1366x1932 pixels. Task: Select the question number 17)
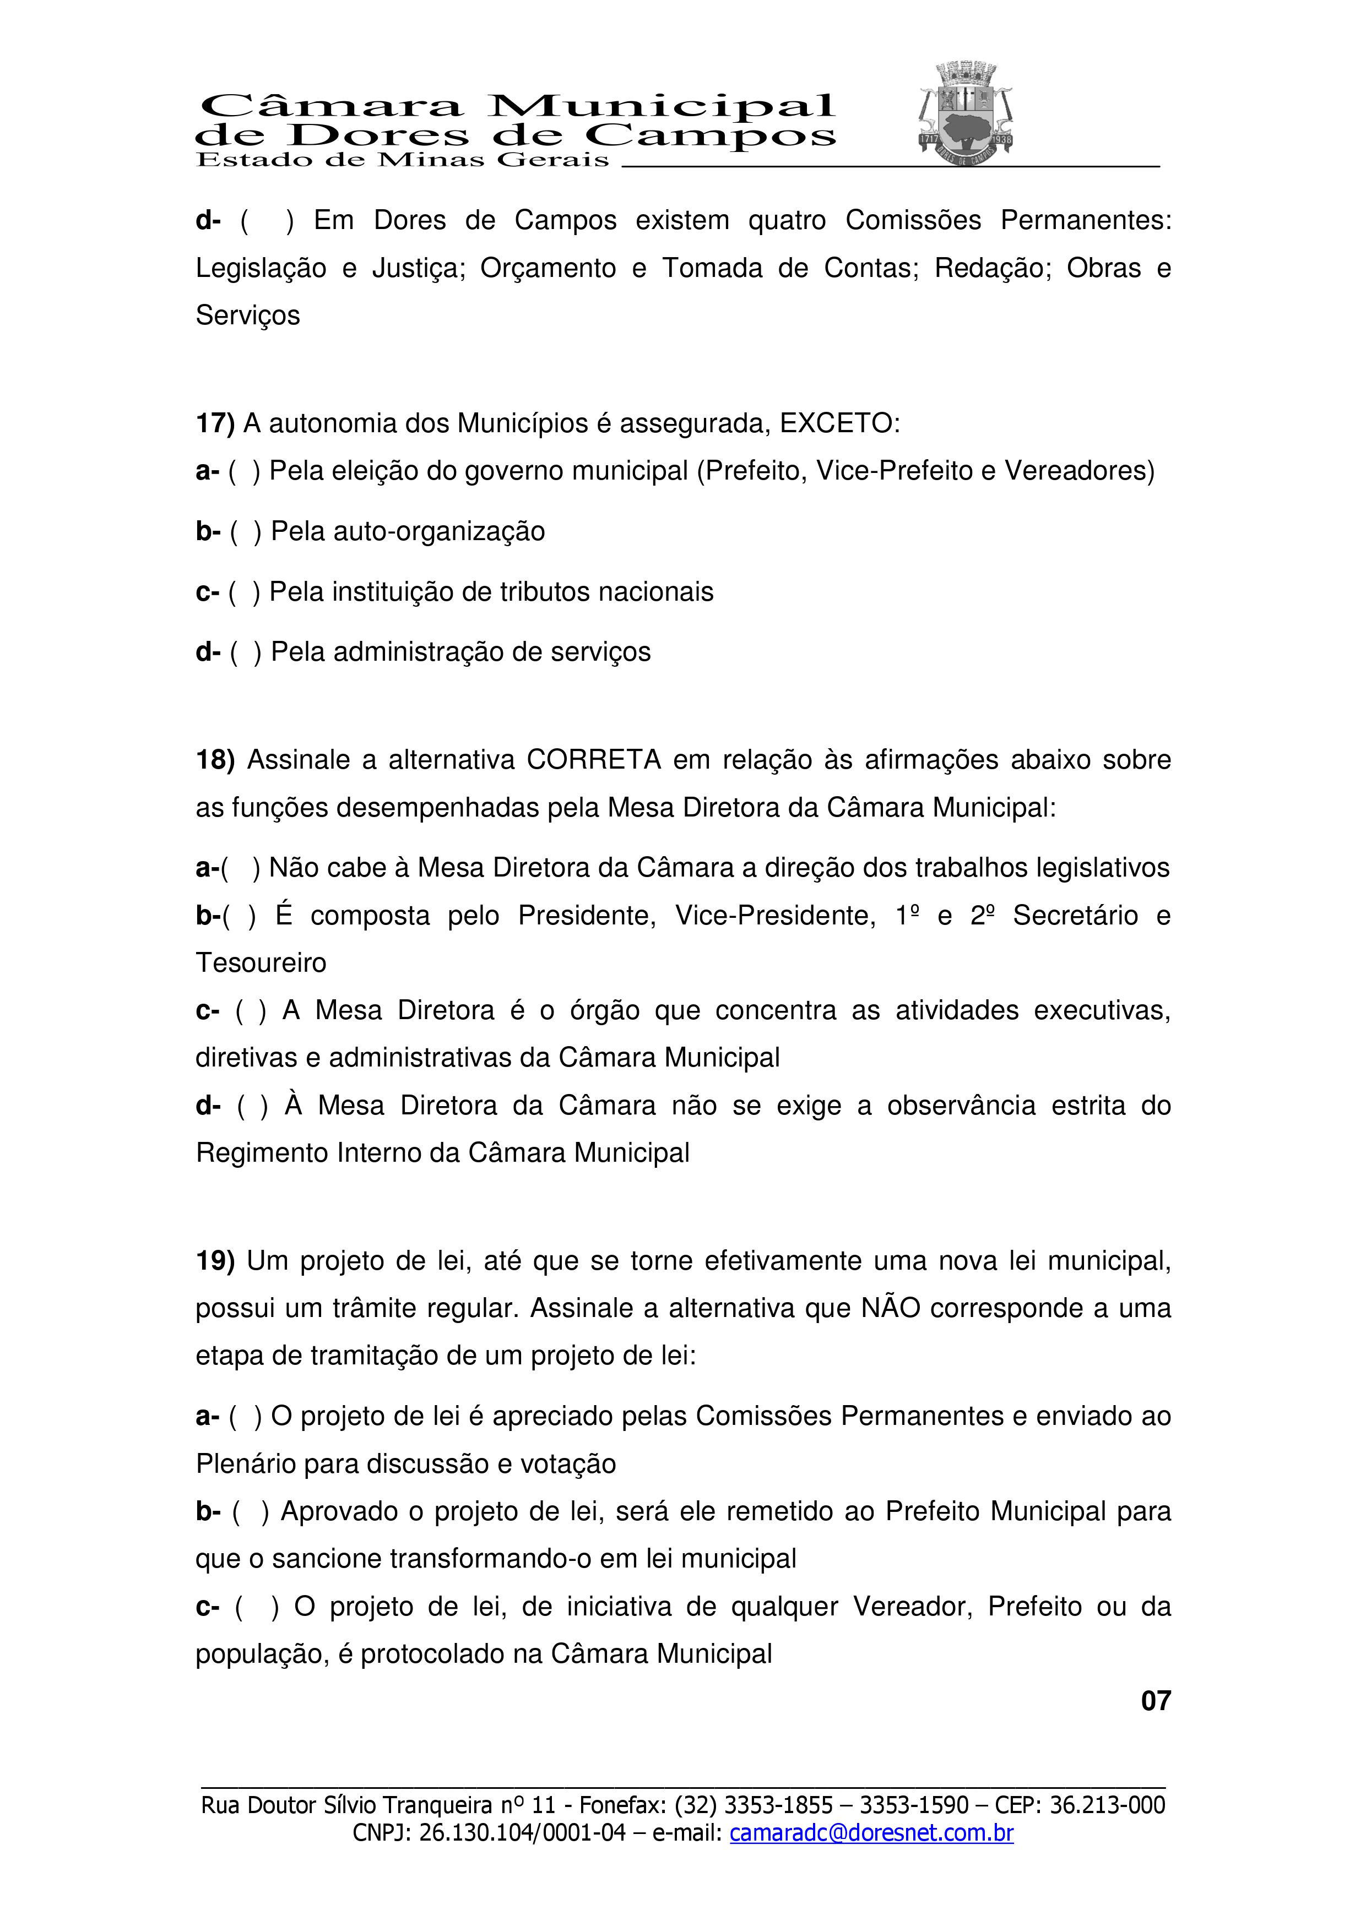[x=215, y=423]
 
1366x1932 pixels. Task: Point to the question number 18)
[x=215, y=760]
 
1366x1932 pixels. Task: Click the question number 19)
[x=215, y=1260]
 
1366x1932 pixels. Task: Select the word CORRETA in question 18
[x=593, y=760]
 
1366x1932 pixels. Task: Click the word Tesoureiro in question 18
[x=261, y=962]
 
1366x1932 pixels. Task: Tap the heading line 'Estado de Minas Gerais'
[x=402, y=160]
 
